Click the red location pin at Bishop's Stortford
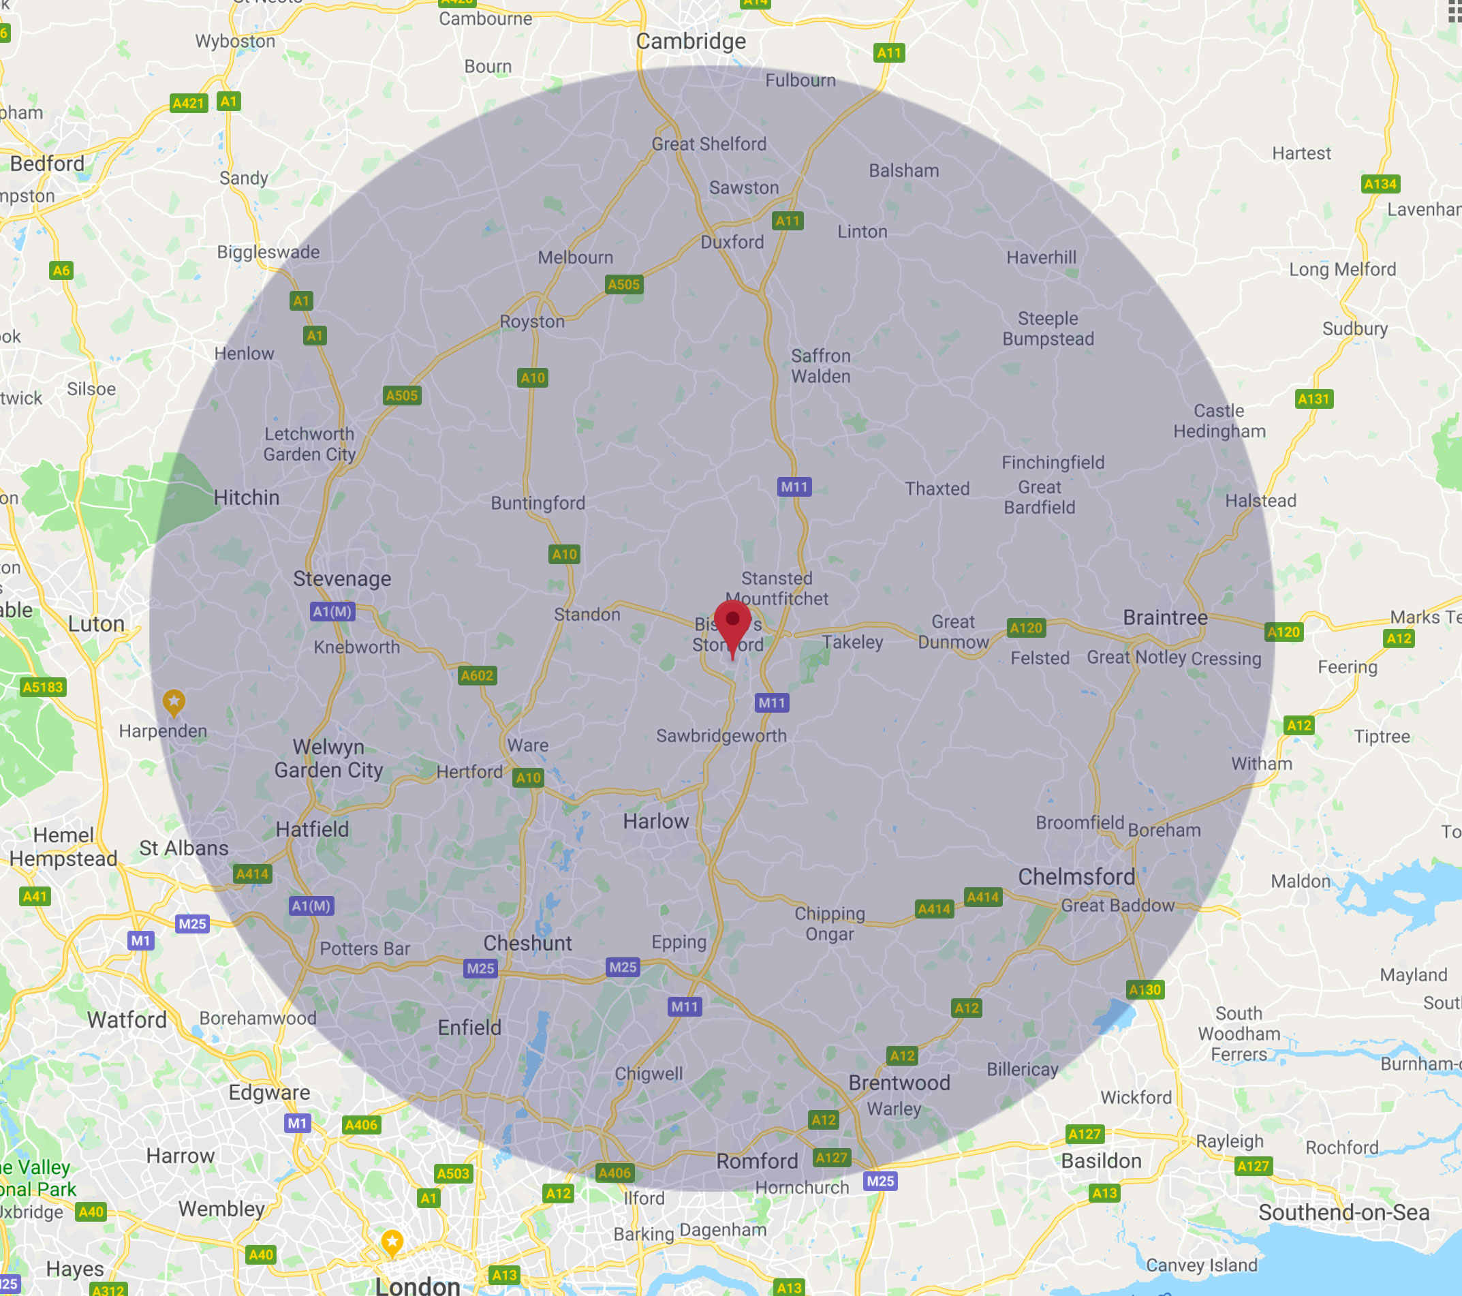(x=732, y=623)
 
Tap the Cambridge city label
(x=690, y=42)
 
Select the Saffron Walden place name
(x=820, y=365)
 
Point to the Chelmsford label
(x=1076, y=876)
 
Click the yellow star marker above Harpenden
(x=174, y=702)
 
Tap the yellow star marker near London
(x=392, y=1241)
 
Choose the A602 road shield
(x=476, y=675)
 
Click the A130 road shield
(x=1145, y=989)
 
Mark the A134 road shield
(x=1380, y=184)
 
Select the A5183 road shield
(x=43, y=688)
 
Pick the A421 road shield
(x=188, y=103)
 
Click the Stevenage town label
(x=342, y=578)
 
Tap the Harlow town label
(x=655, y=821)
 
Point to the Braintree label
(x=1164, y=617)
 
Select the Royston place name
(x=532, y=322)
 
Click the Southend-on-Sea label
(x=1343, y=1212)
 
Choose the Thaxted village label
(x=937, y=489)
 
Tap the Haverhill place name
(x=1041, y=258)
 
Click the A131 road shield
(x=1314, y=399)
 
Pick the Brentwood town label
(x=899, y=1083)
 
